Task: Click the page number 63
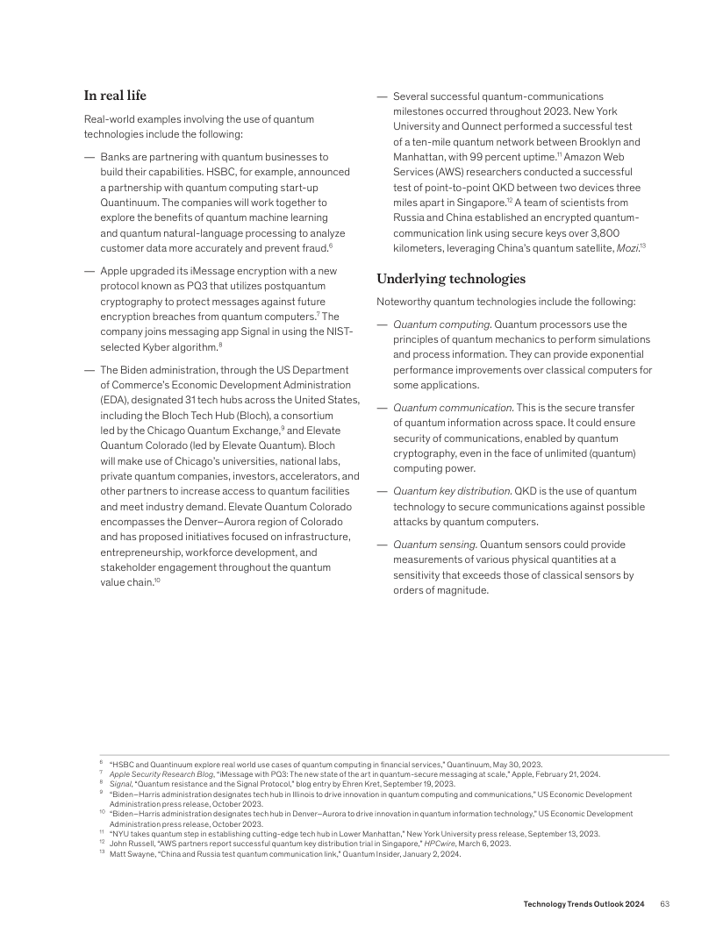pos(665,903)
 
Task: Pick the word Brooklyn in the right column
pos(605,142)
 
